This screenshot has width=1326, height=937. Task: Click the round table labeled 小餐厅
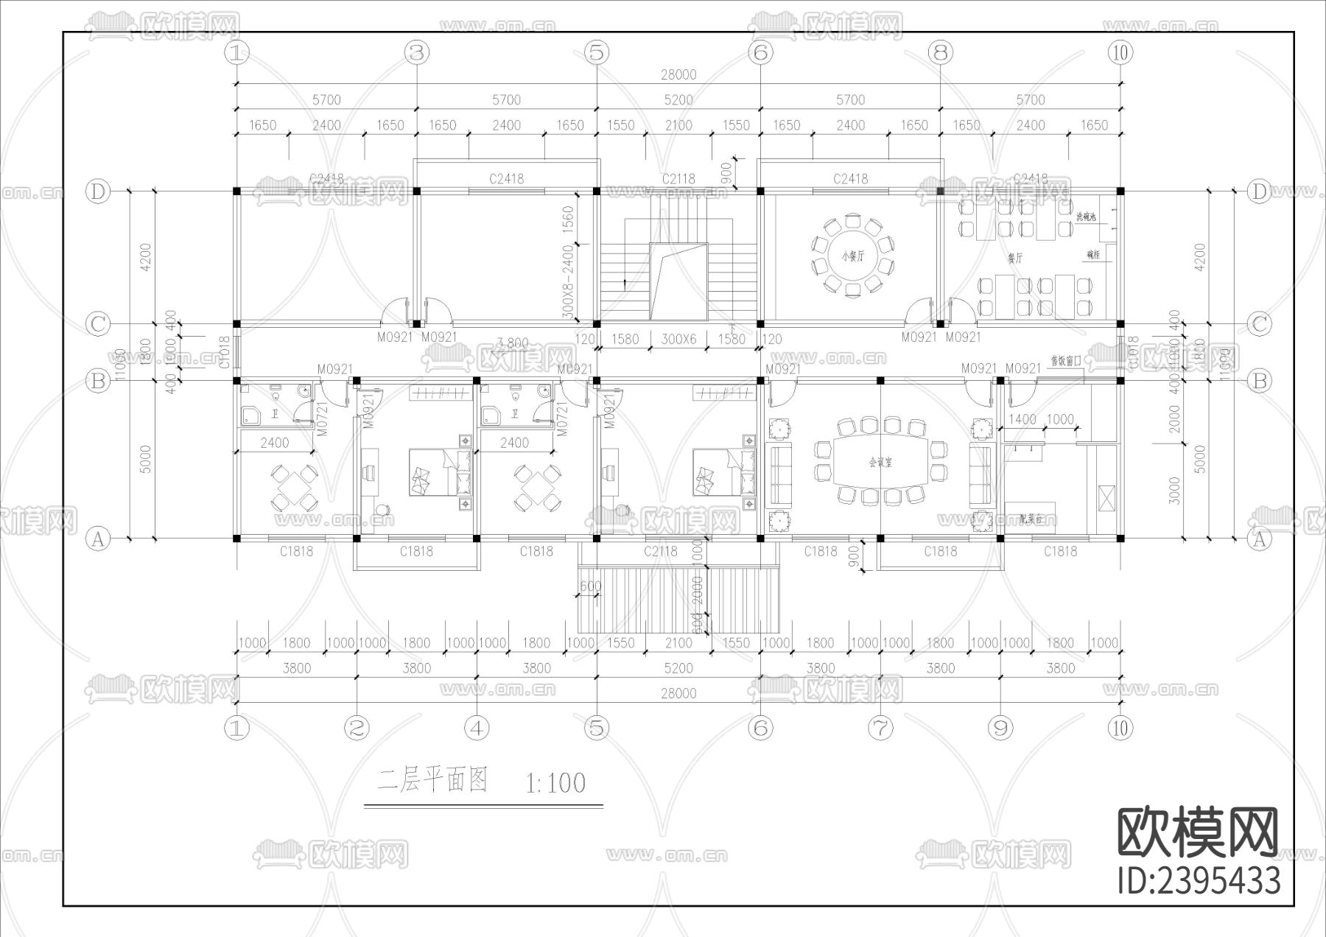pos(852,256)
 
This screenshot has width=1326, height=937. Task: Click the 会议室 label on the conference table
pos(880,463)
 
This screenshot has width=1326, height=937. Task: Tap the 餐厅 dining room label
pos(1015,258)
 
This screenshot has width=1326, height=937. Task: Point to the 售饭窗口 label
pos(1066,361)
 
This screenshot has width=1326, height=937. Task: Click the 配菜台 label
pos(1031,519)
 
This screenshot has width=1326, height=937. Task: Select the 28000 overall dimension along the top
pos(678,74)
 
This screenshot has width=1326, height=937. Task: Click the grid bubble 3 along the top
pos(417,52)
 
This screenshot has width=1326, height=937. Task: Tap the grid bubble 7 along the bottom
pos(880,729)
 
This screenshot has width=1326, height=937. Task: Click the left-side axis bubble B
pos(98,381)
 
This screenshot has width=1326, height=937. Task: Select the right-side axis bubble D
pos(1259,192)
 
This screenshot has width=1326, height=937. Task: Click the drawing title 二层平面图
pos(433,780)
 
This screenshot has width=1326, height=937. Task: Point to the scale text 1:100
pos(556,782)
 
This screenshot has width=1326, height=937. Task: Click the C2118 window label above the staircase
pos(678,178)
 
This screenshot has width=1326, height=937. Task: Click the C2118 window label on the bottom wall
pos(660,551)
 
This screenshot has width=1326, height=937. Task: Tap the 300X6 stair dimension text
pos(678,340)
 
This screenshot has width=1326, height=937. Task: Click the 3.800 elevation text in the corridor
pos(513,343)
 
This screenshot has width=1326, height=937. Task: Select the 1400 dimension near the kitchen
pos(1022,419)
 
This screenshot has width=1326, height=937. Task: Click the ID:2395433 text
pos(1199,881)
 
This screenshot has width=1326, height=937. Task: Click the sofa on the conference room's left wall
pos(779,471)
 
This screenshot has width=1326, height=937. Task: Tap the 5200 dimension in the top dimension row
pos(678,100)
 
